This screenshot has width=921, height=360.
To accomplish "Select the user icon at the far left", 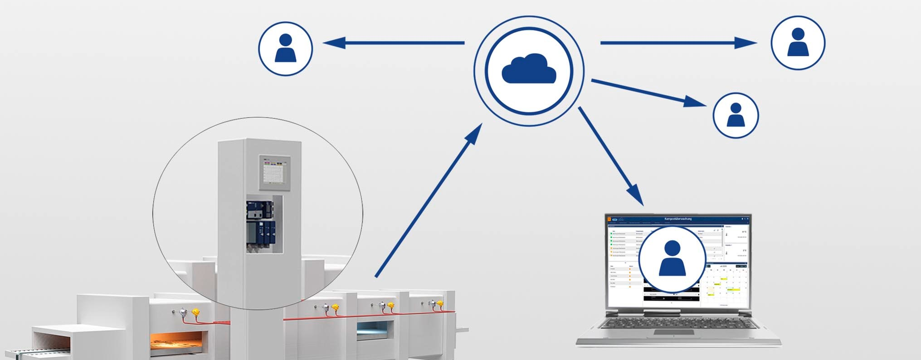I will [x=285, y=49].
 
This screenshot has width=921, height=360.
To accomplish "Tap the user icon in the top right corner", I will [x=798, y=43].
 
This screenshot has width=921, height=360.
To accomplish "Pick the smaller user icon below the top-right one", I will [x=736, y=115].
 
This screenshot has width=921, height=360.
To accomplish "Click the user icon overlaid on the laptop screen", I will [x=672, y=259].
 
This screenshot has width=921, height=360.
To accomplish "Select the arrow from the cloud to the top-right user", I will [x=678, y=43].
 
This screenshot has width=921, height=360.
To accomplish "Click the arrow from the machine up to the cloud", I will [x=429, y=199].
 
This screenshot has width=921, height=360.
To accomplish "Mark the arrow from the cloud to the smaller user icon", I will [x=648, y=92].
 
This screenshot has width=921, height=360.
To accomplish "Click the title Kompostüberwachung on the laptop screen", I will [x=678, y=219].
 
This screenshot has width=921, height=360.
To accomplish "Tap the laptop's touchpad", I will [x=673, y=332].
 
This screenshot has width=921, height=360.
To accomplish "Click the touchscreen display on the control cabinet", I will [x=274, y=172].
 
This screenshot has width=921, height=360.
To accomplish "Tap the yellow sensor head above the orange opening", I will [x=196, y=312].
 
